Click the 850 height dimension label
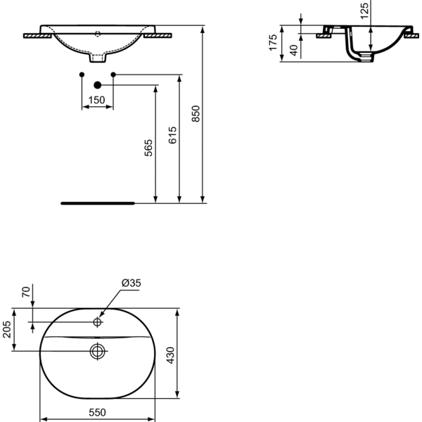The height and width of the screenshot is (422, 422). click(196, 113)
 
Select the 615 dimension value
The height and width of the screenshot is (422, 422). click(172, 135)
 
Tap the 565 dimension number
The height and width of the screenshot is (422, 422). click(148, 148)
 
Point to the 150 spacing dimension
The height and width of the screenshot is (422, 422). click(96, 100)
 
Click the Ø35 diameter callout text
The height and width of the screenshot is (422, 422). click(132, 283)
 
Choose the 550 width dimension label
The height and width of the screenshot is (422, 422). click(98, 412)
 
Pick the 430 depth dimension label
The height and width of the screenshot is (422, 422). click(171, 355)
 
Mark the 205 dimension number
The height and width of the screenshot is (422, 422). click(7, 329)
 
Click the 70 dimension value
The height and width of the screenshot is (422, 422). click(26, 292)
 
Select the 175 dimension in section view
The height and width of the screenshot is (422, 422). click(273, 42)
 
